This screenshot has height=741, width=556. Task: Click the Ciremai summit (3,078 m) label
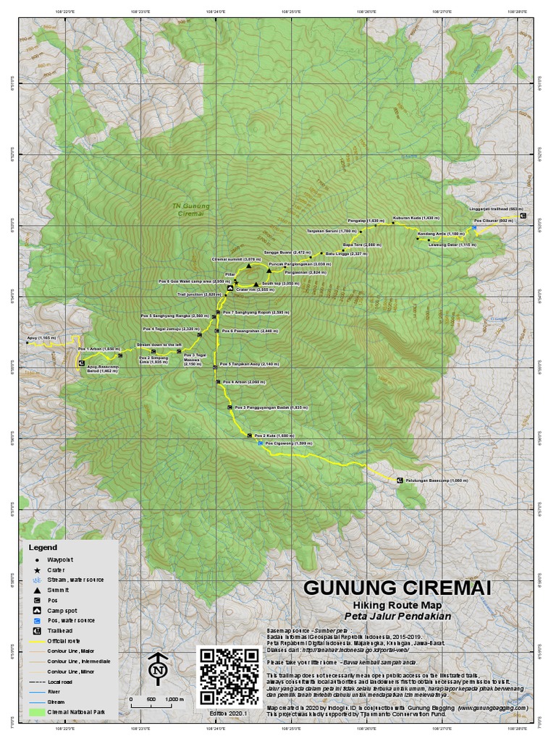pyautogui.click(x=236, y=258)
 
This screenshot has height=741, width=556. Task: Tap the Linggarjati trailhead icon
pyautogui.click(x=523, y=216)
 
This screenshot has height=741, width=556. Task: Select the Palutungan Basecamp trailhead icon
pyautogui.click(x=399, y=479)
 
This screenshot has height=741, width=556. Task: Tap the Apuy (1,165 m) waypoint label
pyautogui.click(x=41, y=337)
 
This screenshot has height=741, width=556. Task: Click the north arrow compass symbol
pyautogui.click(x=158, y=669)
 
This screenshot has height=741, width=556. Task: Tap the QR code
pyautogui.click(x=229, y=676)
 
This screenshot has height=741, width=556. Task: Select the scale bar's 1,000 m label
pyautogui.click(x=175, y=700)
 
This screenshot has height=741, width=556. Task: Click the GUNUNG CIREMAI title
pyautogui.click(x=396, y=587)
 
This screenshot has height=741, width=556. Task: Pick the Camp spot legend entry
pyautogui.click(x=59, y=610)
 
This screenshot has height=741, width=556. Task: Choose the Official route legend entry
pyautogui.click(x=64, y=641)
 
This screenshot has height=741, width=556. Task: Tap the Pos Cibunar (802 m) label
pyautogui.click(x=494, y=221)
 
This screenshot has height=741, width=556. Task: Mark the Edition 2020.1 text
pyautogui.click(x=229, y=713)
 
